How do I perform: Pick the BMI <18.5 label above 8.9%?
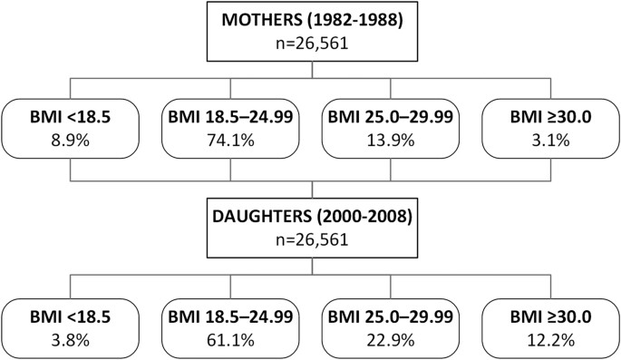pyautogui.click(x=68, y=118)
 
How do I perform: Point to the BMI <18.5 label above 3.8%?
pyautogui.click(x=68, y=317)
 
